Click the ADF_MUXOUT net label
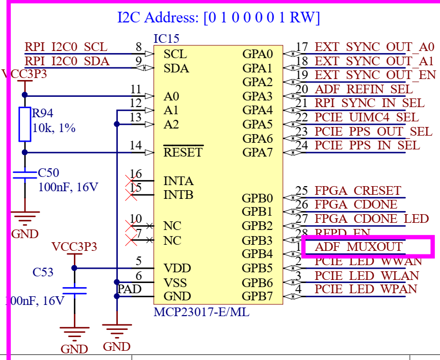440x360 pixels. tap(359, 247)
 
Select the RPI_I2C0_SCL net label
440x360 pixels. tap(66, 47)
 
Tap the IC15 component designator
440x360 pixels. tap(166, 39)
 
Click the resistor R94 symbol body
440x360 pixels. tap(25, 124)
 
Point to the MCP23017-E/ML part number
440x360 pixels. tap(201, 312)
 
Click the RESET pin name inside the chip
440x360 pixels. tap(183, 152)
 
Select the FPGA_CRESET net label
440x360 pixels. tap(358, 191)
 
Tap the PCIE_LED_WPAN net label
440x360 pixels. tap(366, 289)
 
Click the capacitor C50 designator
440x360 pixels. tap(49, 173)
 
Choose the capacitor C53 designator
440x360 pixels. tap(43, 272)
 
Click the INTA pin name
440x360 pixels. tap(178, 181)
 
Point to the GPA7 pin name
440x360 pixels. tap(257, 152)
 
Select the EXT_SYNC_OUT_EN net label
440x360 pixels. tap(375, 75)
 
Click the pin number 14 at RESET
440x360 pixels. tap(136, 146)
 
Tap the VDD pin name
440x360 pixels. tap(175, 268)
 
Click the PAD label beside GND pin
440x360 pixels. tap(130, 290)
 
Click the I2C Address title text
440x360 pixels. tap(218, 18)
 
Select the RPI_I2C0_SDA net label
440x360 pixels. tap(67, 62)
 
